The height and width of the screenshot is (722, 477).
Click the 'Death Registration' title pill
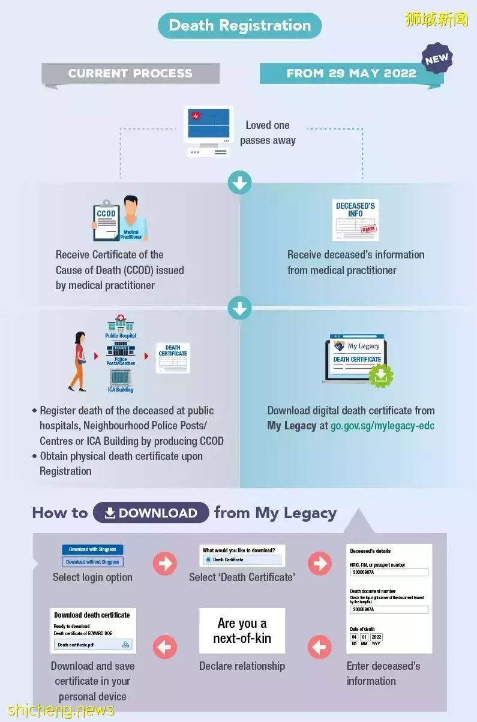point(239,26)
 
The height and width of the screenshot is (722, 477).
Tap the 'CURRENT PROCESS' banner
point(130,74)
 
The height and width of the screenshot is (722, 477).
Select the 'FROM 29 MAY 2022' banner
point(351,74)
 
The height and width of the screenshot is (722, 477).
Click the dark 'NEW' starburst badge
point(436,59)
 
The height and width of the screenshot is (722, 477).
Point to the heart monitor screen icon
point(208,124)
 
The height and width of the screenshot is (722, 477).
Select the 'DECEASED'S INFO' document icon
point(355,219)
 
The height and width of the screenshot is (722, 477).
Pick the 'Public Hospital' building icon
point(121,324)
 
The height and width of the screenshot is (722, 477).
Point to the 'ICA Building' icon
point(121,378)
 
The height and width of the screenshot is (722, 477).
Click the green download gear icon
point(381,375)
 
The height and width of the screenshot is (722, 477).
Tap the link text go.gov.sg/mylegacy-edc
point(382,426)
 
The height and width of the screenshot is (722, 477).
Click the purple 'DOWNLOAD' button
point(151,513)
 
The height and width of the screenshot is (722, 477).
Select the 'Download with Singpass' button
point(92,549)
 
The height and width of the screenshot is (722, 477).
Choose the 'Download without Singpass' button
point(92,562)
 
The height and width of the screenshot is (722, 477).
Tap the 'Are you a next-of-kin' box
point(242,631)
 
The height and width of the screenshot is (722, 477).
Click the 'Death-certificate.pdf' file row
point(92,645)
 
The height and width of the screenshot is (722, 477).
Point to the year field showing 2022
point(376,637)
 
